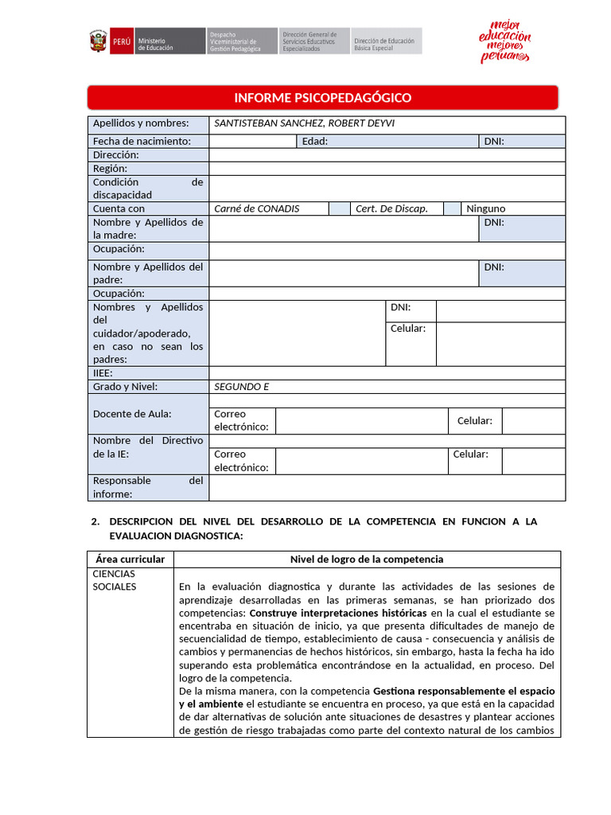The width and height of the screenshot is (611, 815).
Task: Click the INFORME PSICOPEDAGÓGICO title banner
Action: click(x=322, y=98)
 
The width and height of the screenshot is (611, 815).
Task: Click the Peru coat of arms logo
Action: click(x=98, y=41)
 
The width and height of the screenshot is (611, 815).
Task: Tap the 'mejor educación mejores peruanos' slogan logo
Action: click(x=505, y=41)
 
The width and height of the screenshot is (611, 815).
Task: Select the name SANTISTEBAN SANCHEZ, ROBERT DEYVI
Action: click(x=305, y=123)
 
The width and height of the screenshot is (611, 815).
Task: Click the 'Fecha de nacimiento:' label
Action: click(x=142, y=142)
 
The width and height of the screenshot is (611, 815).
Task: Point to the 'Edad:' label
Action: click(x=315, y=142)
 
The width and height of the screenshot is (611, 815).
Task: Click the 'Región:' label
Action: click(x=110, y=169)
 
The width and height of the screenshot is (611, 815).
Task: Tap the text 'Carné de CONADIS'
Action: click(x=257, y=209)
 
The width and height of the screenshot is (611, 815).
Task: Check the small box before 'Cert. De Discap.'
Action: click(x=340, y=209)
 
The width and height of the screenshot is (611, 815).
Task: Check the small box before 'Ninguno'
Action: click(x=452, y=209)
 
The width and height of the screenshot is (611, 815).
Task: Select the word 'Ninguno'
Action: click(x=486, y=209)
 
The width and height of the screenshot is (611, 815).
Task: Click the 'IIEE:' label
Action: click(x=103, y=372)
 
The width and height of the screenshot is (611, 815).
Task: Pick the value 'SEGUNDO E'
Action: click(x=242, y=387)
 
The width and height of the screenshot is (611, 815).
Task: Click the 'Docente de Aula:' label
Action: click(x=132, y=414)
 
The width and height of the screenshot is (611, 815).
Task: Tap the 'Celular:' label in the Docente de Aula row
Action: click(x=475, y=421)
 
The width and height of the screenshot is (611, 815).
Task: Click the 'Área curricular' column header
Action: click(x=130, y=560)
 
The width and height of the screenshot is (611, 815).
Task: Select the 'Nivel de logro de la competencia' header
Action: click(x=367, y=560)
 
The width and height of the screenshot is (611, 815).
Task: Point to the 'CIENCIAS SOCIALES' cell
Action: click(x=115, y=580)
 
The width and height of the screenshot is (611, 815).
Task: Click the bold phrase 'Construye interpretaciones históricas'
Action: click(x=340, y=614)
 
